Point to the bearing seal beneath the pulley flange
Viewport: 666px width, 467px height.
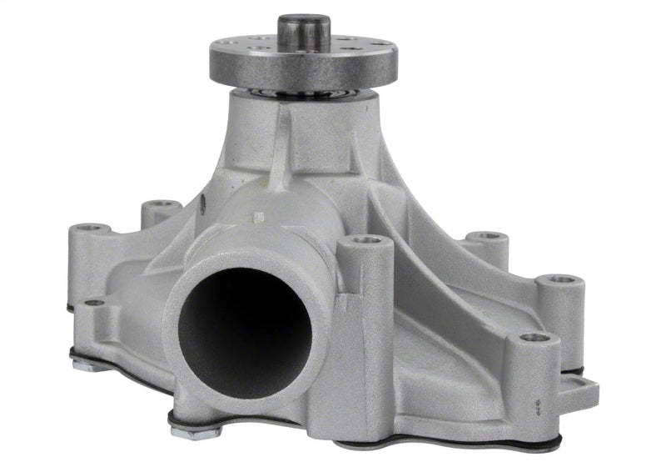304,93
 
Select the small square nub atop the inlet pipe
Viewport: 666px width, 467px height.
257,218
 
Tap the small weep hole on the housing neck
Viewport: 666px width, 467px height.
203,200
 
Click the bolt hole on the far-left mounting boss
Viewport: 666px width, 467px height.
91,228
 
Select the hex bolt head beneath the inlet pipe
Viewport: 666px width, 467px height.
196,431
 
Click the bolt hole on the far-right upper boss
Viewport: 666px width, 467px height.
561,279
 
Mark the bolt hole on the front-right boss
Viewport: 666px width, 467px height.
534,339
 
